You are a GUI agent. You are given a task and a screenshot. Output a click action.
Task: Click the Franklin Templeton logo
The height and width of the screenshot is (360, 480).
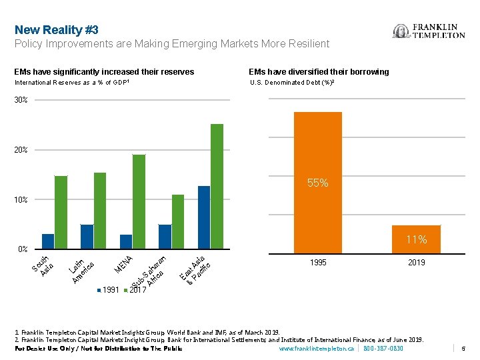(x=429, y=31)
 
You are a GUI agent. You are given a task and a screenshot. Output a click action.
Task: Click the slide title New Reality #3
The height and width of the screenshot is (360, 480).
(x=57, y=30)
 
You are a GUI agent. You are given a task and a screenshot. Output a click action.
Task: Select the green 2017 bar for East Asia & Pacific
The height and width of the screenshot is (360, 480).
(x=217, y=186)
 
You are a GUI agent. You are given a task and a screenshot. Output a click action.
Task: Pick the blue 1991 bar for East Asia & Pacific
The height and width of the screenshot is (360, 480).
(x=204, y=217)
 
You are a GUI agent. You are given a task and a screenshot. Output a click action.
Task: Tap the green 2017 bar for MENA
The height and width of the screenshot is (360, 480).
(x=139, y=201)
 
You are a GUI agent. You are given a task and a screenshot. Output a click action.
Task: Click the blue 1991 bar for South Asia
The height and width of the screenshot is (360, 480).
(x=48, y=241)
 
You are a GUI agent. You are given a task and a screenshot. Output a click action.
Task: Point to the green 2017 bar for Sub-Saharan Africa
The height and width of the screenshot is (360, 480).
(x=178, y=221)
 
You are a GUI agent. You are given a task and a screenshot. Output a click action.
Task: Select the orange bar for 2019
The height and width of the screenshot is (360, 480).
(x=416, y=239)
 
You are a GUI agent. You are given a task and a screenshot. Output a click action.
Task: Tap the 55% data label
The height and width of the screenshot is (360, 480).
(x=318, y=183)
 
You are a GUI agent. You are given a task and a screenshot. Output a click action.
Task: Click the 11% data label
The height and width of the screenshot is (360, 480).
(x=417, y=239)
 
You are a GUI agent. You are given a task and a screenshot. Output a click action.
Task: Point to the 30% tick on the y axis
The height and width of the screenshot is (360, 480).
(x=21, y=101)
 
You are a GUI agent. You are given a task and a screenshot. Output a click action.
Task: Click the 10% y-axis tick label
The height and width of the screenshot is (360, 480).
(x=21, y=200)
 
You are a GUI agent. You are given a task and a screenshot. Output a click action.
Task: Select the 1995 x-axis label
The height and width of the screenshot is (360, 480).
(x=318, y=263)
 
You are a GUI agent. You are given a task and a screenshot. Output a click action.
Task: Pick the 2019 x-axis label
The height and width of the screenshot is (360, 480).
(x=416, y=263)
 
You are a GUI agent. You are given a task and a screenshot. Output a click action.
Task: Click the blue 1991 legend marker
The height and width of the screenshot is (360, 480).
(x=100, y=290)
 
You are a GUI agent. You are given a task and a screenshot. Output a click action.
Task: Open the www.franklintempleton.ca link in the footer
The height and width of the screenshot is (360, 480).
(x=317, y=349)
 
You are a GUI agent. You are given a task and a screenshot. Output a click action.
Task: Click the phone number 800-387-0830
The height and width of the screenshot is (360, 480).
(x=383, y=349)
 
